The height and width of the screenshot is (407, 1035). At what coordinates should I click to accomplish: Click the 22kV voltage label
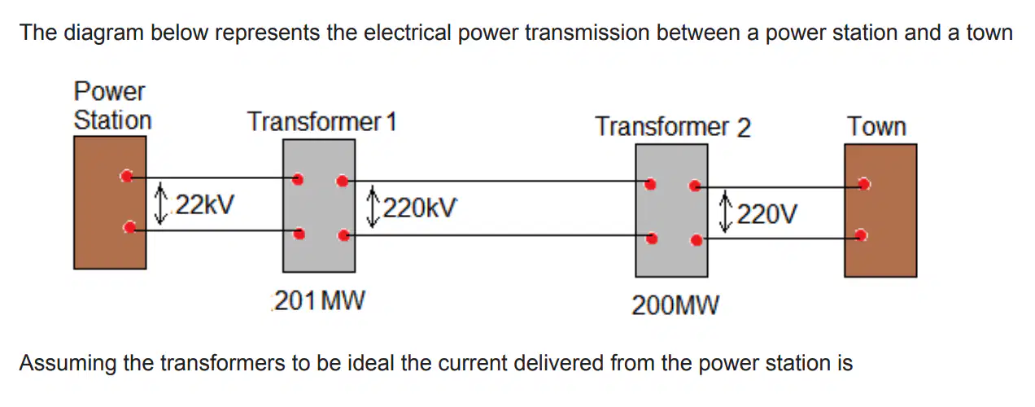click(205, 204)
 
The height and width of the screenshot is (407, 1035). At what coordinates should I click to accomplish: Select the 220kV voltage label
click(420, 208)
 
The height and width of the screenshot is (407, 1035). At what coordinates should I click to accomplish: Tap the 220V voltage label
click(767, 214)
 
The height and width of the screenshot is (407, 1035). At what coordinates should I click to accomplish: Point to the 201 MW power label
click(319, 300)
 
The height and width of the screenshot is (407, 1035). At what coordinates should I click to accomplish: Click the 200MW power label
click(675, 305)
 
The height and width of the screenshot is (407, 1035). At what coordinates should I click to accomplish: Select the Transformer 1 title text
click(322, 121)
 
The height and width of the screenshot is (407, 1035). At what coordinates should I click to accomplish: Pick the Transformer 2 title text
click(673, 127)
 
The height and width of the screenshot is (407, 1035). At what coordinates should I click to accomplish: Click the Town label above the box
click(876, 126)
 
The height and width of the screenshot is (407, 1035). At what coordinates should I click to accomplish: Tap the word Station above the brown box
click(113, 120)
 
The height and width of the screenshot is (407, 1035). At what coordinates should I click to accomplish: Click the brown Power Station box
click(110, 203)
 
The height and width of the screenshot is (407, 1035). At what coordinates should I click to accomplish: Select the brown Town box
click(880, 211)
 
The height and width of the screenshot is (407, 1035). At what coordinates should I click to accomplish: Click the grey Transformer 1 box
click(319, 206)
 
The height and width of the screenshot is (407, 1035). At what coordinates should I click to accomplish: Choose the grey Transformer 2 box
click(671, 211)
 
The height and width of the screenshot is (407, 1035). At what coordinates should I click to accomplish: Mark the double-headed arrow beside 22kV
click(160, 203)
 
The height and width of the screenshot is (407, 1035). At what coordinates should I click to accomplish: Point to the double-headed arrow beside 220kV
click(373, 207)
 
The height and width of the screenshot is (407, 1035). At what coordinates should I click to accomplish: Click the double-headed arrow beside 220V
click(726, 212)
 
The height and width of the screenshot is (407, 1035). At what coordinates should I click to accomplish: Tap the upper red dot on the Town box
click(864, 184)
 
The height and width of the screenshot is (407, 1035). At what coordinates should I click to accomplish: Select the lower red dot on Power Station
click(130, 227)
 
